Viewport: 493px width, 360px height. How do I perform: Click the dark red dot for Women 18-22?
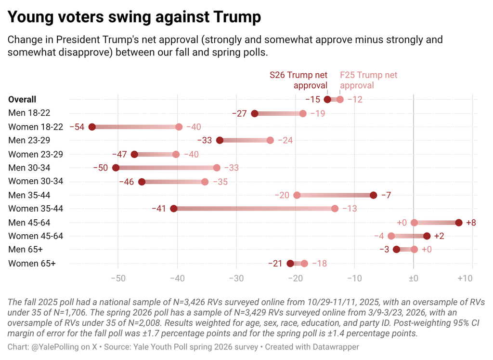coord(92,127)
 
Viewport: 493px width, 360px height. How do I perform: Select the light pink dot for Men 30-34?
coord(217,168)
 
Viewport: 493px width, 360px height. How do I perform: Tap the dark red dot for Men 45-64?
coord(459,223)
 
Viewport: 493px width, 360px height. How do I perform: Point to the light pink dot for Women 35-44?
coord(335,209)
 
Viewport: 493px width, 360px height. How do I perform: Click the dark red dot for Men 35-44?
coord(373,195)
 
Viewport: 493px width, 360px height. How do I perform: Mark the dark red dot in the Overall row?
coord(327,99)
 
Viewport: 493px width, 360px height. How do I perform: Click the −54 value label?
coord(77,127)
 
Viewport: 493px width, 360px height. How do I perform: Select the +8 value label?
coord(471,223)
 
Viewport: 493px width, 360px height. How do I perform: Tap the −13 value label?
coord(350,209)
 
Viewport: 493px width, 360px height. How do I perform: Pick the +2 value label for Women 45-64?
coord(439,236)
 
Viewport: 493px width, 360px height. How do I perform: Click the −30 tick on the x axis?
coord(236,278)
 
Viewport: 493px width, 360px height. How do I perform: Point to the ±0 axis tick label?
coord(414,278)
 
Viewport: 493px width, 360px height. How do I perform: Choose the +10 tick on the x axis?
coord(465,278)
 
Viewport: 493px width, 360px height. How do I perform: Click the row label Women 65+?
coord(32,264)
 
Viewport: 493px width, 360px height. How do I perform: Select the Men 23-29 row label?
coord(29,140)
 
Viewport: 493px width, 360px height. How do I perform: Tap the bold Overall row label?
coord(22,99)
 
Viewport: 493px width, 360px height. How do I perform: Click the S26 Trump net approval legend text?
coord(298,80)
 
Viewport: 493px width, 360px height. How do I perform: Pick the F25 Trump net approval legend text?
coord(368,80)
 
